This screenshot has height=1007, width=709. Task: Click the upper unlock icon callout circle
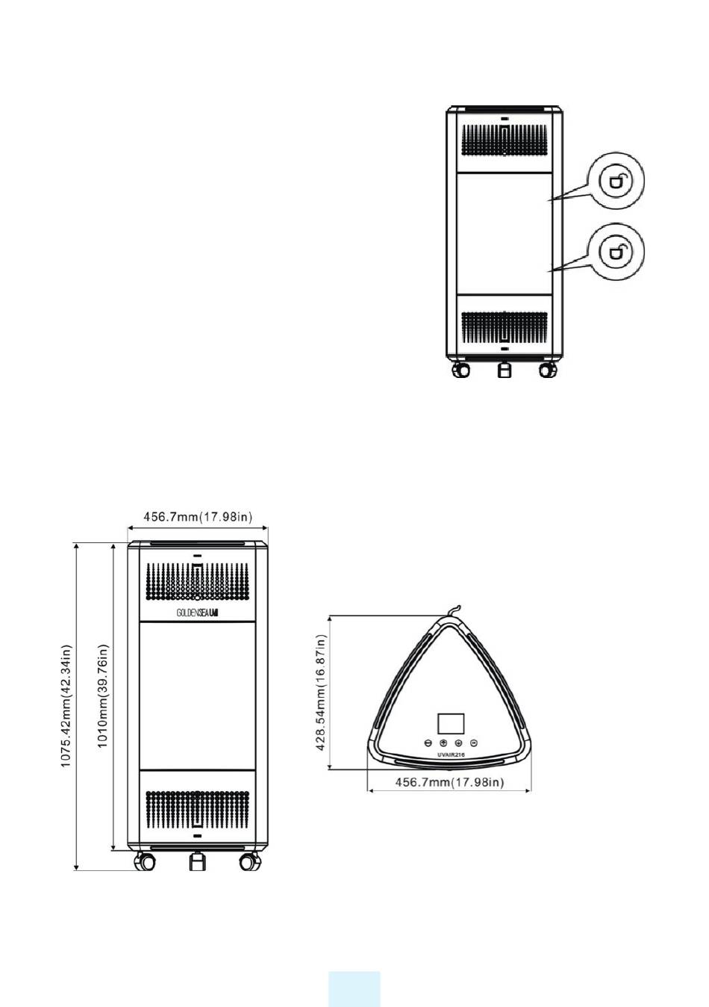coord(616,179)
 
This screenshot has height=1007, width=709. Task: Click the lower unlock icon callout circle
coord(616,252)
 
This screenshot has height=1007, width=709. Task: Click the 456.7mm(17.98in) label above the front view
coord(197,516)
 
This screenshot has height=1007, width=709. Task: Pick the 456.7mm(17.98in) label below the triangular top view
coord(449,782)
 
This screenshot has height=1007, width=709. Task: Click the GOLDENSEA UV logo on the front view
coord(197,612)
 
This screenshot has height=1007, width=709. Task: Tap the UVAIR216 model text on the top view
coord(450,755)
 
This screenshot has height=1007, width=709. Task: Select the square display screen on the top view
coord(450,723)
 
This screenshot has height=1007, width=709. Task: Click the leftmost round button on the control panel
coord(428,743)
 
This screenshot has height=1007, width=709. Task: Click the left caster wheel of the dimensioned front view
coord(144,862)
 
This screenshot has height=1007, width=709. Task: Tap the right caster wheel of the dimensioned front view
coord(249,862)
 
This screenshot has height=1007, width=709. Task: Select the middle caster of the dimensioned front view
coord(196,862)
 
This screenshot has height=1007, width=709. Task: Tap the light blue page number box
coord(354,988)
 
